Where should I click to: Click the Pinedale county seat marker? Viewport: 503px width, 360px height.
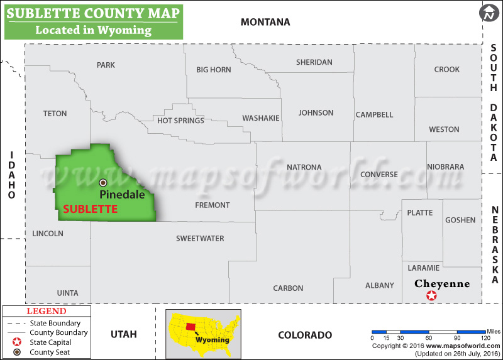point(103,183)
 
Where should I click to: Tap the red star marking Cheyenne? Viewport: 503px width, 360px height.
point(431,295)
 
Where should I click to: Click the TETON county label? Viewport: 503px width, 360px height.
point(55,114)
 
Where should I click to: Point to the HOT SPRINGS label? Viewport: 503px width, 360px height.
point(180,121)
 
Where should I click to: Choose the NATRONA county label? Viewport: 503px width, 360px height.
point(304,167)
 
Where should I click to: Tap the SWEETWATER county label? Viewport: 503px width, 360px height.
point(200,238)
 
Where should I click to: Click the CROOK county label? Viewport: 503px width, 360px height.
point(446,70)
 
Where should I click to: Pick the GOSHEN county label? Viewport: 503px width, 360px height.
point(460,220)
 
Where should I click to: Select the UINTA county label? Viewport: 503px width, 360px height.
point(67,293)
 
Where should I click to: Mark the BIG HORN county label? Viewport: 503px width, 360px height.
point(214,70)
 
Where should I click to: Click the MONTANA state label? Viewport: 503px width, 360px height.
point(265,23)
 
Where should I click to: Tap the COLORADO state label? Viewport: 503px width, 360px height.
point(305,335)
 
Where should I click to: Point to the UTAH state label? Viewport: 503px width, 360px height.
point(123,334)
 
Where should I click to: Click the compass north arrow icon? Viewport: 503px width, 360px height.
point(489,13)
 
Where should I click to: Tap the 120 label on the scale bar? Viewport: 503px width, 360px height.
point(486,337)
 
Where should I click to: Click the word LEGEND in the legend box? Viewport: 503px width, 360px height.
point(46,311)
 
